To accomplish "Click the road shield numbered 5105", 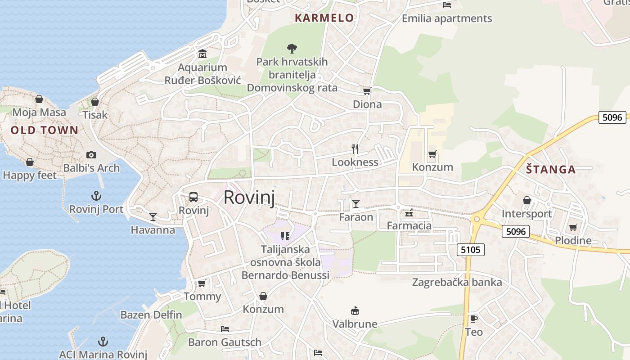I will pyautogui.click(x=471, y=249).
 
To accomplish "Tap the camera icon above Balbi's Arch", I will pyautogui.click(x=91, y=155).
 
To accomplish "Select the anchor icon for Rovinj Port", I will pyautogui.click(x=96, y=196).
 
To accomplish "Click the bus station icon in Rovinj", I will pyautogui.click(x=193, y=197).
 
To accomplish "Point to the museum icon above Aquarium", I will pyautogui.click(x=202, y=54).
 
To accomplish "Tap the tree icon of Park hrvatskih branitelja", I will pyautogui.click(x=292, y=48).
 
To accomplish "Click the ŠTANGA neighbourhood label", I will pyautogui.click(x=551, y=170).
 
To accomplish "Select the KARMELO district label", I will pyautogui.click(x=324, y=18).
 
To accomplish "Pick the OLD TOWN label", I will pyautogui.click(x=44, y=130).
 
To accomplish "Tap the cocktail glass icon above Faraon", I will pyautogui.click(x=356, y=204).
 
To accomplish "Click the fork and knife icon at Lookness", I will pyautogui.click(x=355, y=148).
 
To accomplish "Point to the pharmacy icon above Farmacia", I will pyautogui.click(x=409, y=212).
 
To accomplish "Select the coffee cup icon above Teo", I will pyautogui.click(x=473, y=319).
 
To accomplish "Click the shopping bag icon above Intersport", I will pyautogui.click(x=526, y=200).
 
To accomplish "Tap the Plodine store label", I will pyautogui.click(x=573, y=240).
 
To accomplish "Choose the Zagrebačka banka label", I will pyautogui.click(x=457, y=283).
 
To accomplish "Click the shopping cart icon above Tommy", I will pyautogui.click(x=202, y=283).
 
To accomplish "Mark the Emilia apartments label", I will pyautogui.click(x=447, y=18).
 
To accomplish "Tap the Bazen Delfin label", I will pyautogui.click(x=151, y=315).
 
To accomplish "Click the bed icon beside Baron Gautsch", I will pyautogui.click(x=225, y=329).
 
